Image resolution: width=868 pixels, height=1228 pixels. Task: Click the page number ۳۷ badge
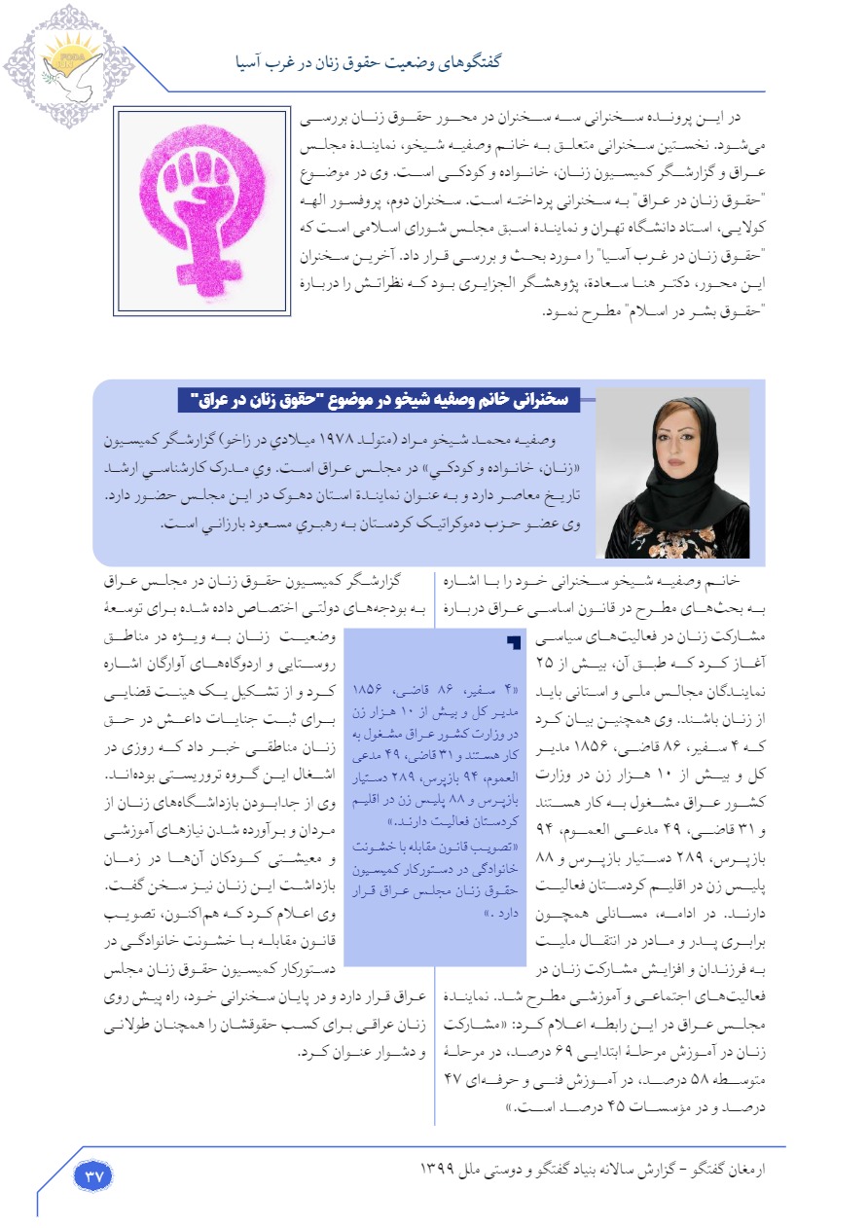[x=94, y=1174]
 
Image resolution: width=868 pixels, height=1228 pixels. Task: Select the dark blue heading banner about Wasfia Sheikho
[x=380, y=399]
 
